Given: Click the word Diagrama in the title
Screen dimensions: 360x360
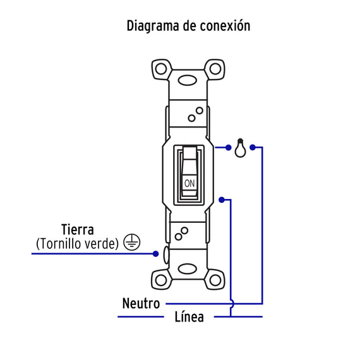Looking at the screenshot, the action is [x=153, y=26].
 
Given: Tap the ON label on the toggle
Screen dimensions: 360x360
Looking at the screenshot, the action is [x=189, y=183].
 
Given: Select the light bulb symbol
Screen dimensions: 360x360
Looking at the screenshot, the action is [x=240, y=148].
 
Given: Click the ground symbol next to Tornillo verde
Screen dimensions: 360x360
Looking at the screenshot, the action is [x=132, y=243].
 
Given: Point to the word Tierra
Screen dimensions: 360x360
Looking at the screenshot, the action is [x=78, y=229].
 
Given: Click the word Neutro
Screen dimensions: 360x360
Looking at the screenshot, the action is [x=141, y=303].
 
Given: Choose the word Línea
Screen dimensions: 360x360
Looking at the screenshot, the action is [x=189, y=316].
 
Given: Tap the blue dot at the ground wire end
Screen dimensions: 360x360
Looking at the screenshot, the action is [x=155, y=254].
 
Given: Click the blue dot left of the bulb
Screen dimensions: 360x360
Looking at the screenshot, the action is [x=228, y=148].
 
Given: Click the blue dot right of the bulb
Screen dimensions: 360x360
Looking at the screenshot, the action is [x=253, y=147].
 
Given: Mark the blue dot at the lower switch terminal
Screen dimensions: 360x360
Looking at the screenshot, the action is [x=222, y=200].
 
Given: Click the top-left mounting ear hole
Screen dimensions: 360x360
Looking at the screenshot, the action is [x=161, y=69].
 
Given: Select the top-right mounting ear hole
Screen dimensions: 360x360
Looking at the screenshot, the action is [x=215, y=69].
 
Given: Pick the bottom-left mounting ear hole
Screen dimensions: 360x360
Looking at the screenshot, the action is [x=161, y=280].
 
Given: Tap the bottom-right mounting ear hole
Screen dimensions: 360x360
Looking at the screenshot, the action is [x=215, y=280].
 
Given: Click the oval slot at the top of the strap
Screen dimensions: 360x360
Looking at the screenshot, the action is [x=188, y=81].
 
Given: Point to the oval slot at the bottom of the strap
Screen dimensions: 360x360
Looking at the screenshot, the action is [x=188, y=269].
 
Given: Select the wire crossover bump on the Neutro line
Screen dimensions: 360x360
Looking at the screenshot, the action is [x=232, y=304].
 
